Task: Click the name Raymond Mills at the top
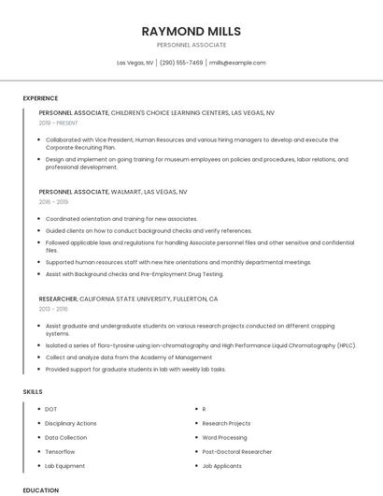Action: pos(191,31)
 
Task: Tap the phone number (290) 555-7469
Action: pos(181,63)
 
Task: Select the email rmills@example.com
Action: pos(237,63)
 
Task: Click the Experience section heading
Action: pos(40,98)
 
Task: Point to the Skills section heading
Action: pos(33,391)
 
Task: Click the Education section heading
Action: pos(40,489)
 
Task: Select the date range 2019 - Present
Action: pos(59,123)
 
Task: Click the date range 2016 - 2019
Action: pos(53,201)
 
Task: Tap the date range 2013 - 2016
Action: pos(53,308)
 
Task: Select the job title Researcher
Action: pos(58,299)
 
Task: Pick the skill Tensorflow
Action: pos(61,451)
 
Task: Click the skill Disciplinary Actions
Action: pos(71,423)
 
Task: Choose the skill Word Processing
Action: pos(224,437)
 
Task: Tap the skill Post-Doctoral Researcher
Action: pos(236,451)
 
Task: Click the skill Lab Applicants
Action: pos(222,465)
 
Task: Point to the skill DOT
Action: pos(51,409)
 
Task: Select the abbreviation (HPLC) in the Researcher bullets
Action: pos(347,345)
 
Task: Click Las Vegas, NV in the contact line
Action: pos(135,63)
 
